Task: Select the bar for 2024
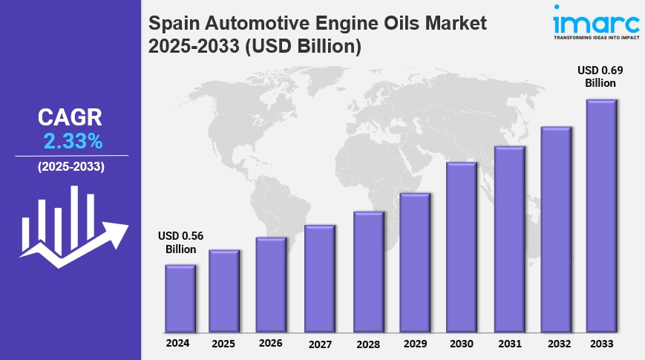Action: click(180, 298)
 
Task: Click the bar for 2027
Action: click(320, 278)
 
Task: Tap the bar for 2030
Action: click(461, 247)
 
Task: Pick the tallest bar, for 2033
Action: click(602, 216)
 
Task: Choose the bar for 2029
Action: click(415, 263)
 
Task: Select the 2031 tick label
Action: click(509, 344)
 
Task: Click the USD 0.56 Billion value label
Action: click(180, 243)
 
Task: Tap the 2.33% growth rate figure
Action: click(73, 140)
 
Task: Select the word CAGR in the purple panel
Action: click(71, 117)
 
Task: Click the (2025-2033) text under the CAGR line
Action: click(71, 166)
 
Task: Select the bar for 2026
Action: click(272, 285)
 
